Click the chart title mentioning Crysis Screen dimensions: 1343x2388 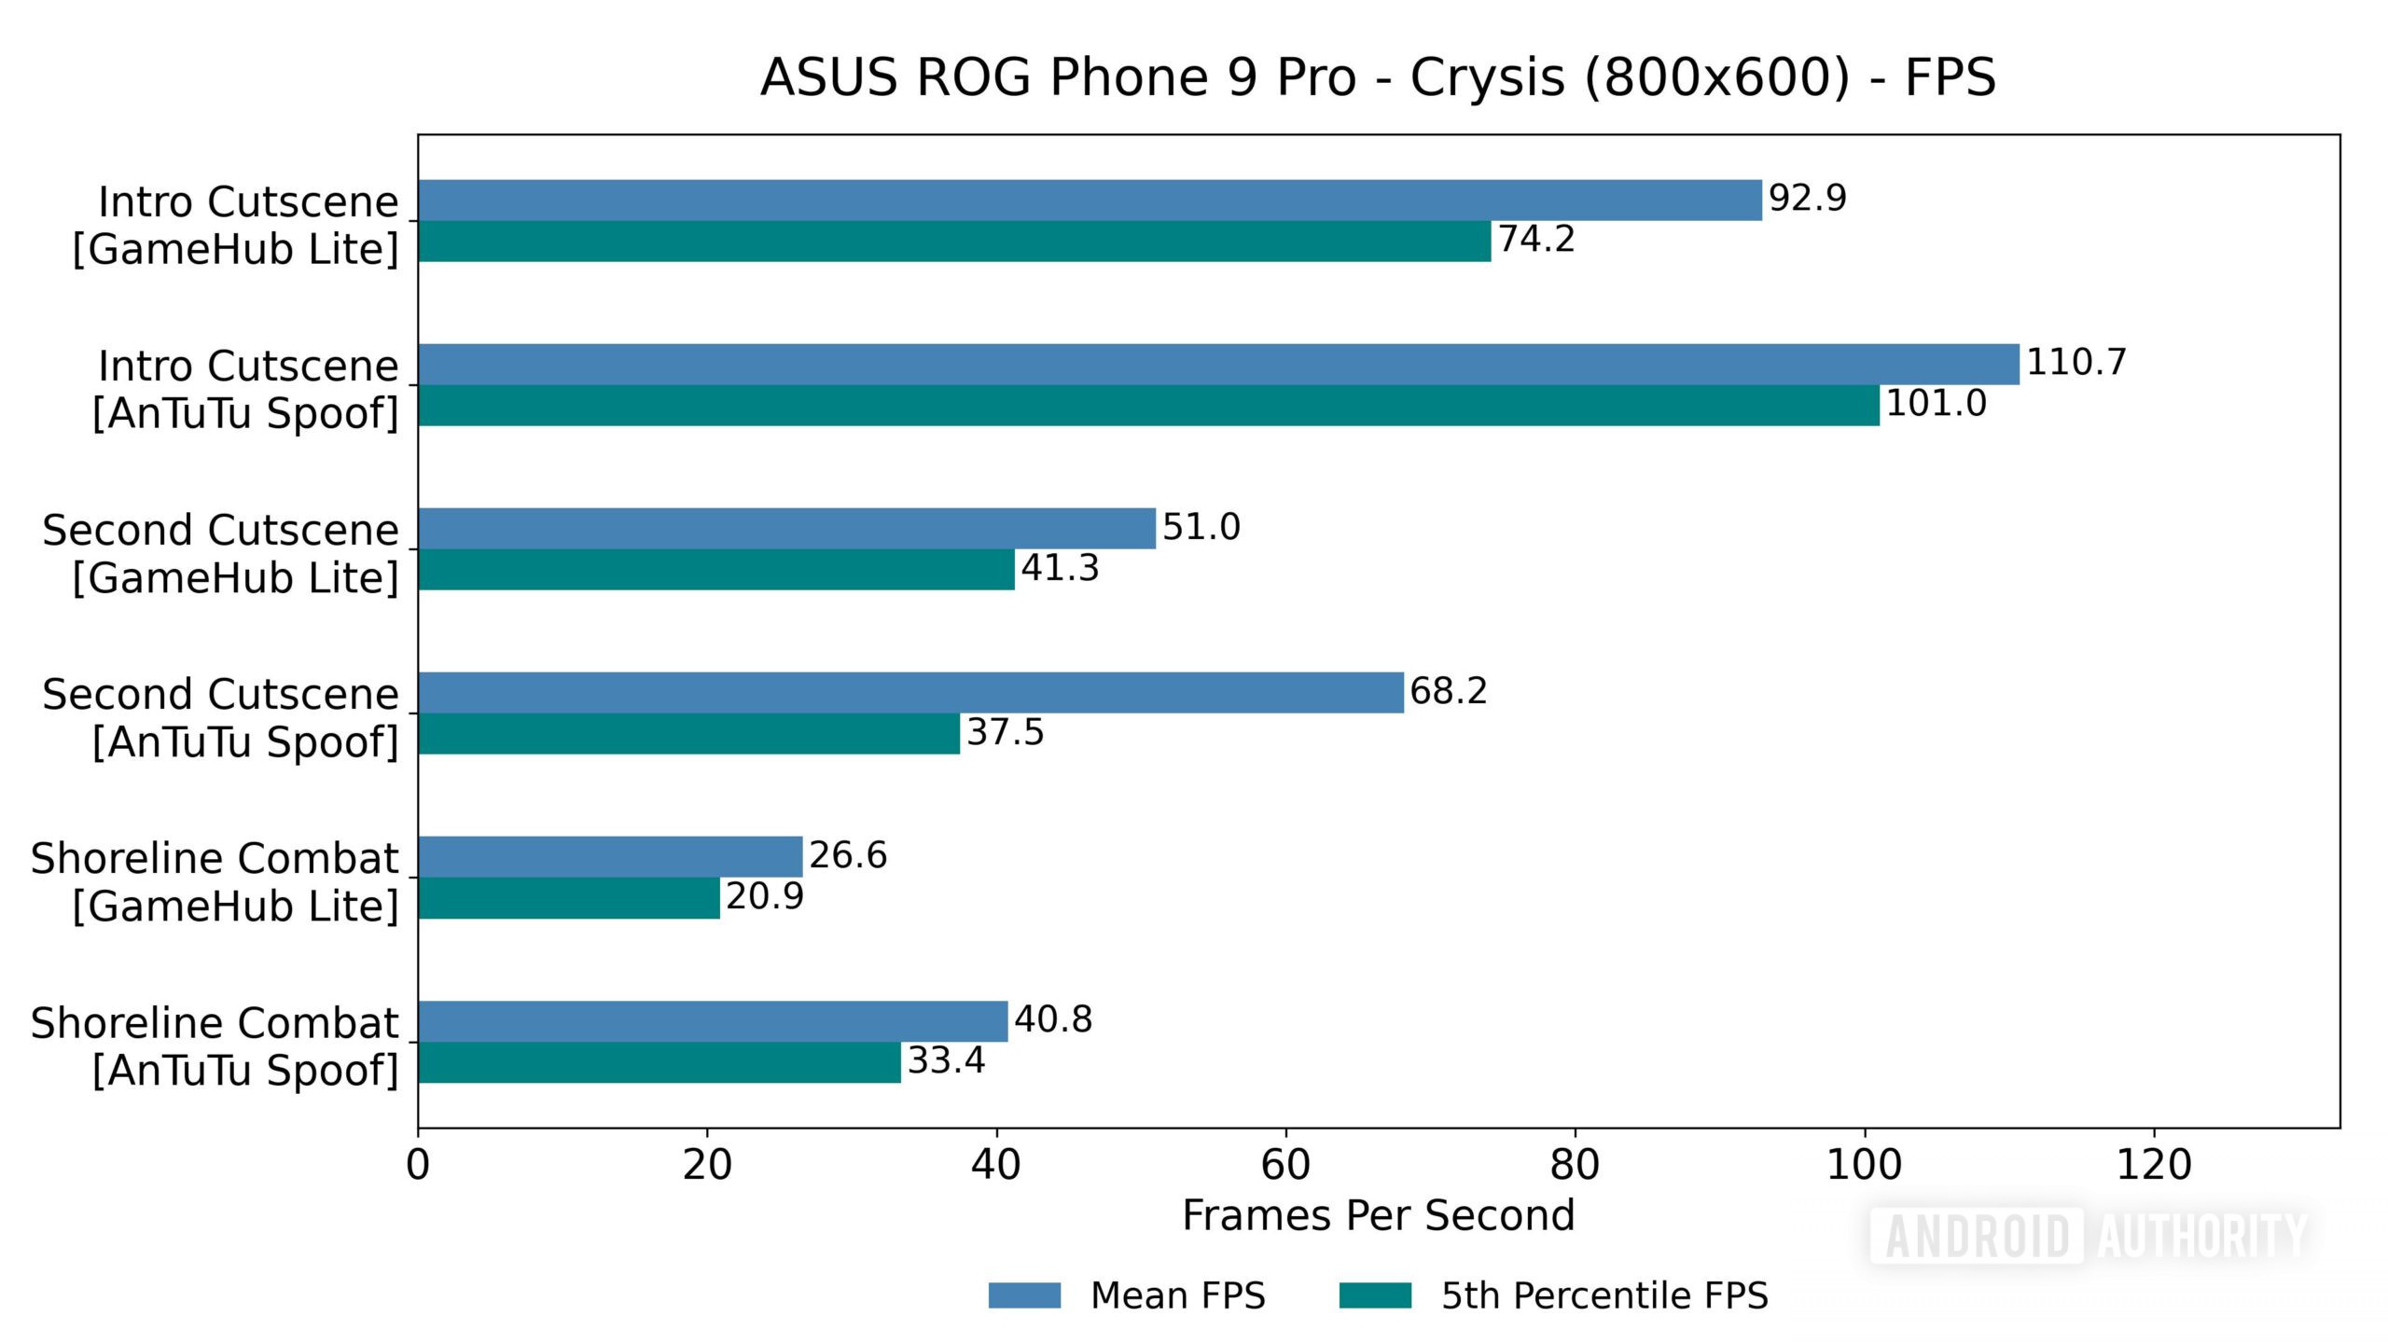coord(1378,76)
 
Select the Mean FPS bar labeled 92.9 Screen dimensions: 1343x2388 coord(1090,201)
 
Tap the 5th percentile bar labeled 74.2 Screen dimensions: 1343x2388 coord(954,242)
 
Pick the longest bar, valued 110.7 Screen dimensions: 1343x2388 coord(1218,365)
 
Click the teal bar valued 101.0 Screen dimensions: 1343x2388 coord(1148,406)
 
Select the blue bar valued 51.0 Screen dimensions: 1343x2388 coord(786,529)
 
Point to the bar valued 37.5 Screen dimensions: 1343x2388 coord(688,734)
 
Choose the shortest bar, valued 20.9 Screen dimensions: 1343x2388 coord(569,898)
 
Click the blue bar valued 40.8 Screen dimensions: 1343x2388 coord(713,1021)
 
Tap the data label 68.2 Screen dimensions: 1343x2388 coord(1448,691)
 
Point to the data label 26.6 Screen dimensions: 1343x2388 coord(847,855)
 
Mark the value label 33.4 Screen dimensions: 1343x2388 coord(946,1060)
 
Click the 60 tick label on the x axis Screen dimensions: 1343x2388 coord(1285,1165)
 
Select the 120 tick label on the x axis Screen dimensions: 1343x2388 coord(2153,1165)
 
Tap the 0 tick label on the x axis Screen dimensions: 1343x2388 coord(418,1165)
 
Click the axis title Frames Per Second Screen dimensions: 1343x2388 coord(1378,1215)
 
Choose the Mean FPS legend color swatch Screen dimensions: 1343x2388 coord(1024,1295)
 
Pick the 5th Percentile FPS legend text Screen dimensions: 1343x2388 coord(1604,1295)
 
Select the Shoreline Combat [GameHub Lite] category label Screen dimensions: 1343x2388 coord(215,881)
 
